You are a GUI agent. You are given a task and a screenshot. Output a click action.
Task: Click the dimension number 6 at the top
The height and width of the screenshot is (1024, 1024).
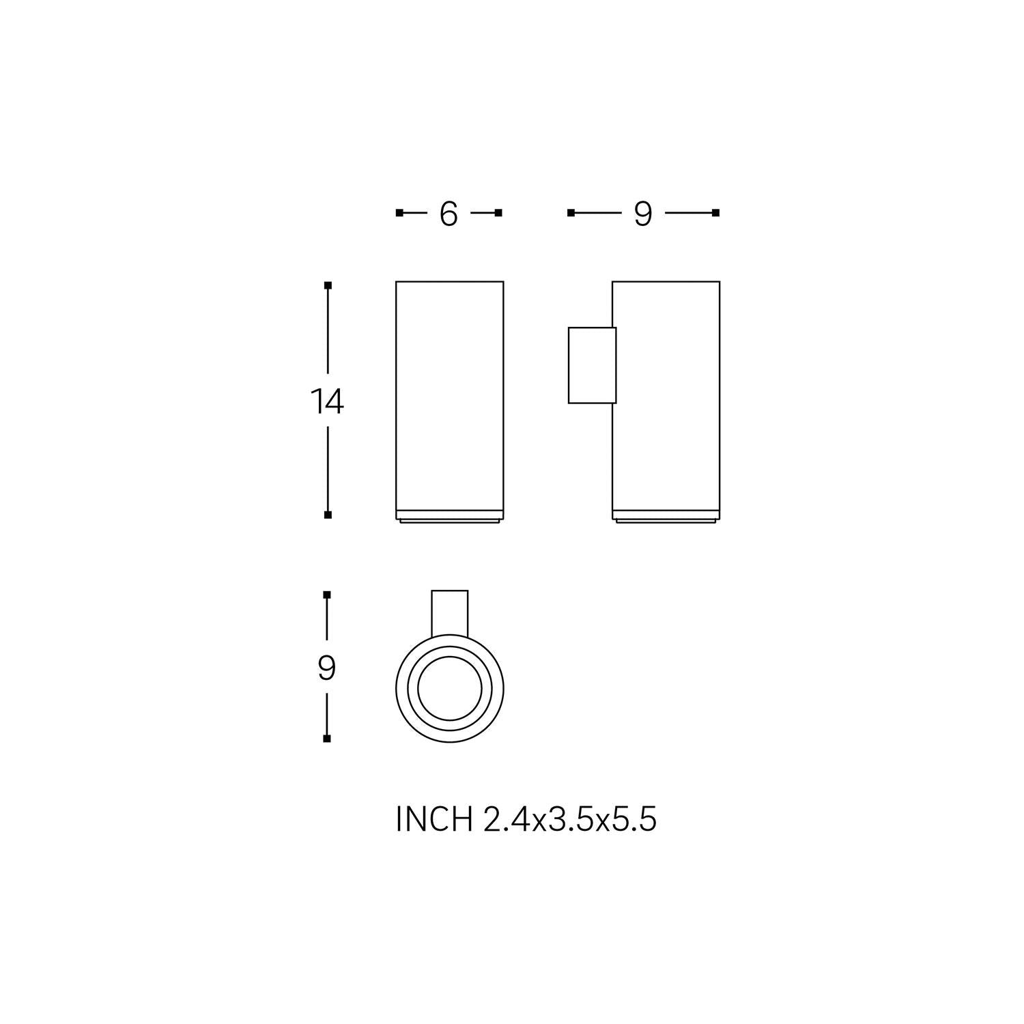(x=448, y=214)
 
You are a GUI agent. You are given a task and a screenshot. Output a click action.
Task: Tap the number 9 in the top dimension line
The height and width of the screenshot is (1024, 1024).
(x=643, y=214)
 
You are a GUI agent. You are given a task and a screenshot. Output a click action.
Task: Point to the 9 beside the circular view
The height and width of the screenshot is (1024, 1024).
(x=327, y=668)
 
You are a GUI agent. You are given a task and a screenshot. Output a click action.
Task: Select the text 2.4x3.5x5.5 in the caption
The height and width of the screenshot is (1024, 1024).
(x=570, y=819)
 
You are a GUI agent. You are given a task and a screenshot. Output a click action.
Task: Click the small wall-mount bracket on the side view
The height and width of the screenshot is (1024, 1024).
(x=592, y=365)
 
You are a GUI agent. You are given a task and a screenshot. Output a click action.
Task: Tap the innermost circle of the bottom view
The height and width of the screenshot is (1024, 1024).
(x=450, y=689)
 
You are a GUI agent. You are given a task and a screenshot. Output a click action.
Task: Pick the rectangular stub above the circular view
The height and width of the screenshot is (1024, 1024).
(x=450, y=613)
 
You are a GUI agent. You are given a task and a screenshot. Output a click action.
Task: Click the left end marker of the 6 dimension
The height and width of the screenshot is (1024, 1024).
(x=399, y=213)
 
